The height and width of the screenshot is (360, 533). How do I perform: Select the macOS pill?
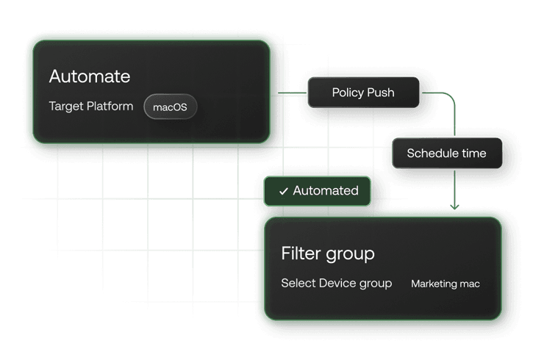(x=171, y=107)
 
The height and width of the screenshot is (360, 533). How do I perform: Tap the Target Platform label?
(x=91, y=107)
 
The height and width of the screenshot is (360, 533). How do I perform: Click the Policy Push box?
(x=363, y=93)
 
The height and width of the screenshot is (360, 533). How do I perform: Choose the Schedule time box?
(x=446, y=154)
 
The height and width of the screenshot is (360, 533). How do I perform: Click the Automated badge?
(x=318, y=191)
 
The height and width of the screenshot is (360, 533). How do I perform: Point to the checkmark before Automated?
(x=283, y=191)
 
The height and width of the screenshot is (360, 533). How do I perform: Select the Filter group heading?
(x=328, y=253)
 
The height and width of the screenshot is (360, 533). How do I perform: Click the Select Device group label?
(x=337, y=283)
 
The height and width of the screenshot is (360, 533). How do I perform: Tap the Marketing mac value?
(x=446, y=284)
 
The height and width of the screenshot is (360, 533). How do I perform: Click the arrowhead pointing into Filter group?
(x=456, y=208)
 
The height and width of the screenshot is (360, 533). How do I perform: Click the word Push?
(x=381, y=93)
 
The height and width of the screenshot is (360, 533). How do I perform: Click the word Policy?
(x=348, y=93)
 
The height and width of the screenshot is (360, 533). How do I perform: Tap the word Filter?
(x=299, y=253)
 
